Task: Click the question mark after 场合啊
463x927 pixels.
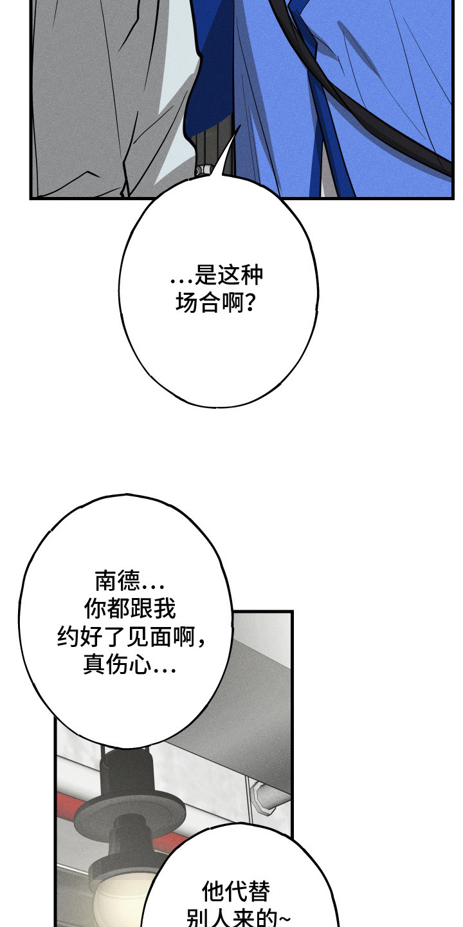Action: (x=250, y=303)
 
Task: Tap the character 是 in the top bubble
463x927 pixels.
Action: (x=206, y=276)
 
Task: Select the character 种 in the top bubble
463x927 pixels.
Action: (x=252, y=276)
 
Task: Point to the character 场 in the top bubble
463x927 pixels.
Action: (x=187, y=303)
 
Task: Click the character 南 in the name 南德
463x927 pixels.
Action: (x=106, y=581)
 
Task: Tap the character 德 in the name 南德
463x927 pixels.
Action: (x=129, y=581)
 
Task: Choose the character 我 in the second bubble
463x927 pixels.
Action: (x=165, y=608)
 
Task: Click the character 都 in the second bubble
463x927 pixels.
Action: (x=118, y=608)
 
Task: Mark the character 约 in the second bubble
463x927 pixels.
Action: (x=68, y=637)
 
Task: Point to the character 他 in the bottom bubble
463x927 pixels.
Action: (x=213, y=892)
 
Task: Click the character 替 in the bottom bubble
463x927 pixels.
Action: (x=259, y=892)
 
